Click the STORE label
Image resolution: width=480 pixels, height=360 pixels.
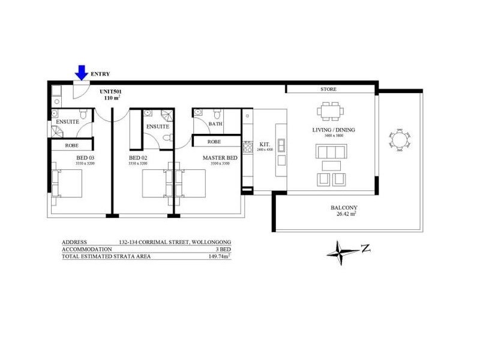(328, 89)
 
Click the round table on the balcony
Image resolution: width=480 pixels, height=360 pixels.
(398, 139)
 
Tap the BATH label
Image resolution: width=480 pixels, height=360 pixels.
(215, 124)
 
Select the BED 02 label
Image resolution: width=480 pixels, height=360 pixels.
(139, 158)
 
